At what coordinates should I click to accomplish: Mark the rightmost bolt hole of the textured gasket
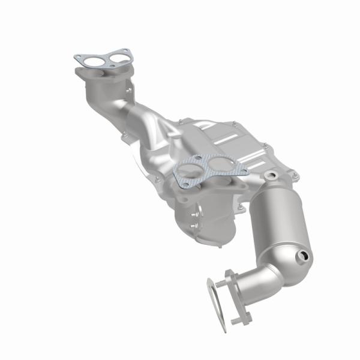244,170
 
